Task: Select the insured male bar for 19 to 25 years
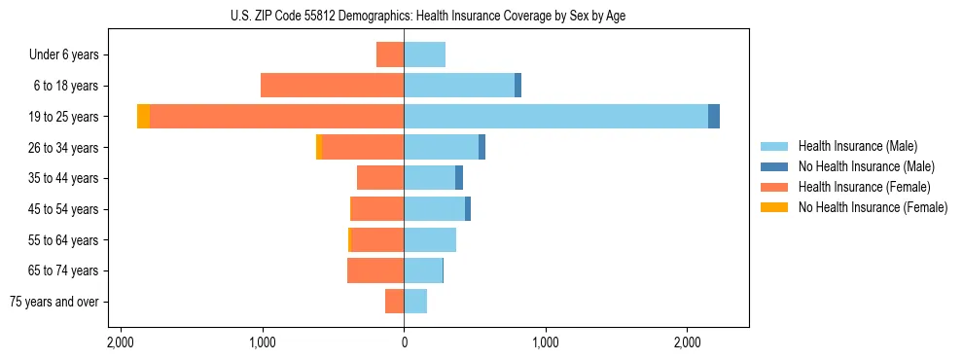tap(555, 116)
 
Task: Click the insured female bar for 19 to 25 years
tap(277, 116)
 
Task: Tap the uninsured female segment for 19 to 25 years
tap(143, 116)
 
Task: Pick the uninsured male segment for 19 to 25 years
tap(714, 116)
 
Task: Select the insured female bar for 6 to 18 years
tap(332, 86)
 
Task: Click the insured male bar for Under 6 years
tap(424, 54)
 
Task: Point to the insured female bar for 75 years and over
tap(394, 301)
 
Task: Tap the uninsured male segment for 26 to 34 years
tap(481, 147)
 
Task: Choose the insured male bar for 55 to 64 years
tap(430, 239)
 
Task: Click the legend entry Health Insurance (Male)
tap(857, 146)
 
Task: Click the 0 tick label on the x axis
tap(404, 342)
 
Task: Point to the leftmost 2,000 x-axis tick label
tap(121, 342)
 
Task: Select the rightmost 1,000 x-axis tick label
tap(546, 342)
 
